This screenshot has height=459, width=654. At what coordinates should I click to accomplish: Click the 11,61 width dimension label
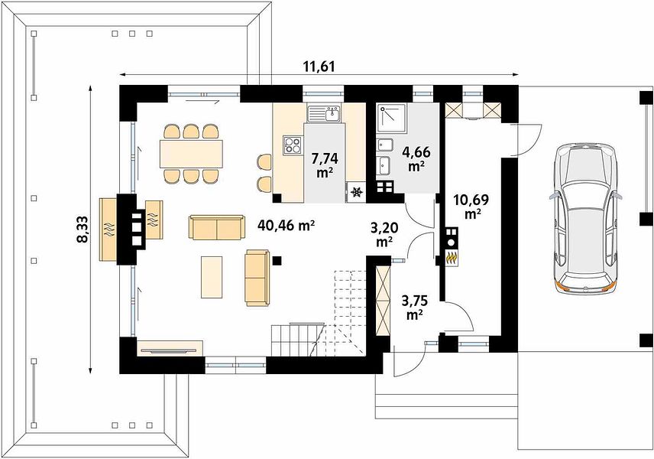[x=320, y=66]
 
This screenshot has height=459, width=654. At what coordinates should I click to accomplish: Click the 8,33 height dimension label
[x=82, y=229]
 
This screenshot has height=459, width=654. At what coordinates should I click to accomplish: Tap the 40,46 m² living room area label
[x=286, y=226]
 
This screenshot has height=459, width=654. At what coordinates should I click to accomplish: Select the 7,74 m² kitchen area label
[x=325, y=165]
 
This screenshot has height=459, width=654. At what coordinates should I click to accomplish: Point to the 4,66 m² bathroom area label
[x=416, y=158]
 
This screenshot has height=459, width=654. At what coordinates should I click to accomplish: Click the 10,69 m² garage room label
[x=471, y=207]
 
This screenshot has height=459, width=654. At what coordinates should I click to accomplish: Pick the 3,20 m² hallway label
[x=384, y=235]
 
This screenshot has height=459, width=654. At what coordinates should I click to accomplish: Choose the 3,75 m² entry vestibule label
[x=414, y=308]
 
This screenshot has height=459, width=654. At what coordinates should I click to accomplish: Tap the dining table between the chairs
[x=191, y=154]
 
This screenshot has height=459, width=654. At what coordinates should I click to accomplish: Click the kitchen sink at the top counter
[x=324, y=114]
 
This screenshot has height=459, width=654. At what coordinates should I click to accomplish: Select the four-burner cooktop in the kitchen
[x=293, y=145]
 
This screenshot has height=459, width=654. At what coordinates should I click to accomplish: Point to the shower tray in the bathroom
[x=391, y=119]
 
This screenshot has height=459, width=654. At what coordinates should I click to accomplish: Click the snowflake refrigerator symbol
[x=356, y=193]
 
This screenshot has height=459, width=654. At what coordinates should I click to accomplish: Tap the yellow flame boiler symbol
[x=451, y=258]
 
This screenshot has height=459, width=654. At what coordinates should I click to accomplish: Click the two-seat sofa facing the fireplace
[x=216, y=228]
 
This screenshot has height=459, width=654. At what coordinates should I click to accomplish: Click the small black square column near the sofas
[x=277, y=261]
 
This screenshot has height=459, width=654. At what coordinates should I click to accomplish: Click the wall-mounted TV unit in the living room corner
[x=170, y=348]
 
